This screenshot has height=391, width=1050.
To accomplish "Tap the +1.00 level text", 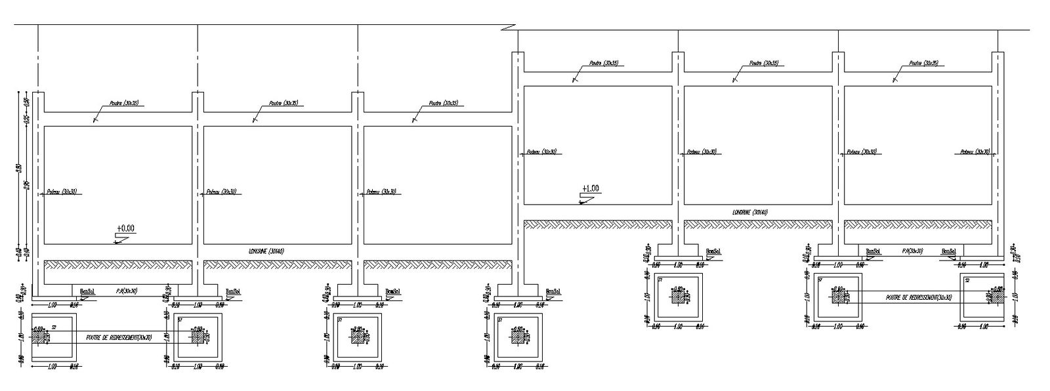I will (x=590, y=188).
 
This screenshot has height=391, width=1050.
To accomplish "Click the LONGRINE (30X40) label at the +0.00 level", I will (x=266, y=251).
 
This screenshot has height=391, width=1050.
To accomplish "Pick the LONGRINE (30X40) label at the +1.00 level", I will (x=750, y=212).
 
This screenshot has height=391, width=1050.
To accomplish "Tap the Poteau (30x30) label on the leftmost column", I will (x=61, y=192).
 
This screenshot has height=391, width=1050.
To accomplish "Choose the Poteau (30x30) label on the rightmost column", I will (x=975, y=152).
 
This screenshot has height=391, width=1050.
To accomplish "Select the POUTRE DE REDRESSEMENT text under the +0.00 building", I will (x=119, y=337).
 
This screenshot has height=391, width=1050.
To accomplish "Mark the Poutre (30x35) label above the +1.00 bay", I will (x=603, y=64).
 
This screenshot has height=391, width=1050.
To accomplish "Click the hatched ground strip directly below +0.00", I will (x=118, y=264).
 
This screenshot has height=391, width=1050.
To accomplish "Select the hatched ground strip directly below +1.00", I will (x=597, y=224).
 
